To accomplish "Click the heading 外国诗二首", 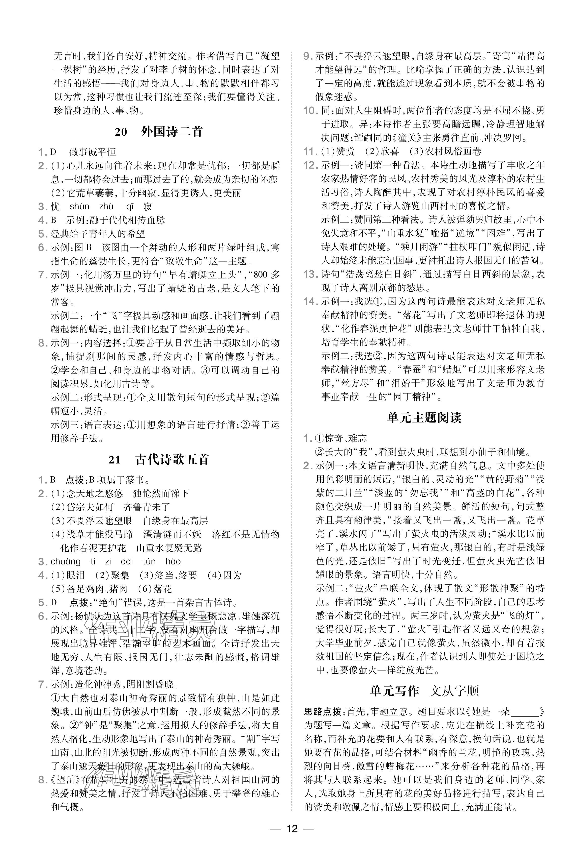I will point(172,132).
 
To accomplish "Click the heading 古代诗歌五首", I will point(172,459).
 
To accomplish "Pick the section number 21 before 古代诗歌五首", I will point(114,459).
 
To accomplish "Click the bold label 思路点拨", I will point(322,712).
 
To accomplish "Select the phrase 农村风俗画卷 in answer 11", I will point(452,151).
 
